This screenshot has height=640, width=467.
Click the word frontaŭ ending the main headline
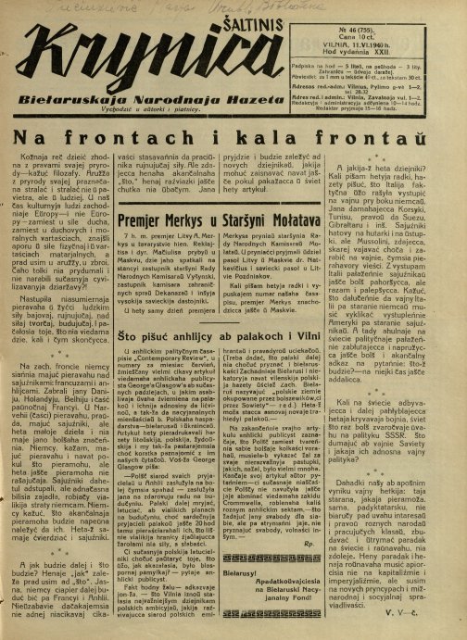[x=402, y=136]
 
